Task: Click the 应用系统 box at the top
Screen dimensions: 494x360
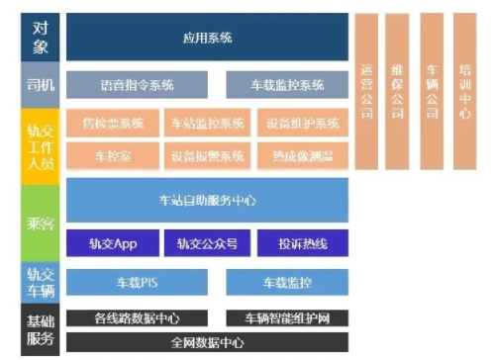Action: [x=207, y=38]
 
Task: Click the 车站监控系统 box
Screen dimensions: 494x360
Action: [x=207, y=124]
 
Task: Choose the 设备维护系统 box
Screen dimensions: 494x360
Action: [x=302, y=124]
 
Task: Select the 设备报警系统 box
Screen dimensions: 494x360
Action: [x=207, y=156]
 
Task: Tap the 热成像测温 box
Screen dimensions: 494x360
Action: [x=302, y=156]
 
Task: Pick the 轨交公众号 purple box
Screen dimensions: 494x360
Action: [x=207, y=243]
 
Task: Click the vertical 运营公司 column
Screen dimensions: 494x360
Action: [x=367, y=89]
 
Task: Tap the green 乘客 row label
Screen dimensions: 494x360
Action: [x=41, y=224]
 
